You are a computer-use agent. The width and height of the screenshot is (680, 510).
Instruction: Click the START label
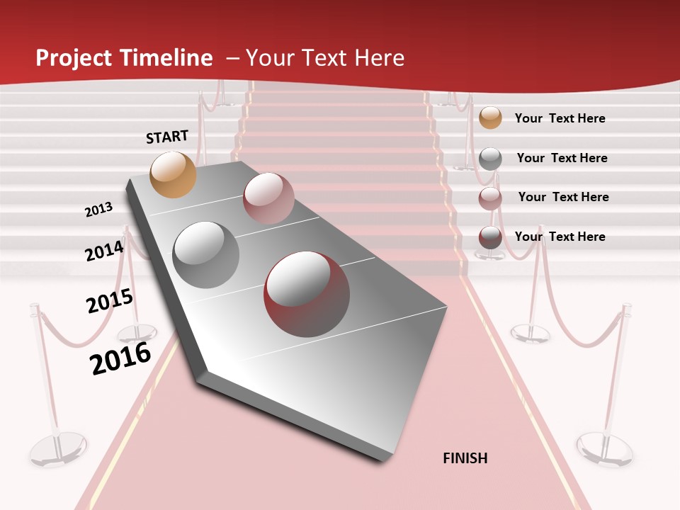[x=167, y=137]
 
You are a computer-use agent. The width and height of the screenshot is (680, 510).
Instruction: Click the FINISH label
[x=465, y=458]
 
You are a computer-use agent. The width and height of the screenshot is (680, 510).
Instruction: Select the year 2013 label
[x=99, y=210]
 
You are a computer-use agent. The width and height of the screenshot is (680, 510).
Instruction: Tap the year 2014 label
[x=104, y=251]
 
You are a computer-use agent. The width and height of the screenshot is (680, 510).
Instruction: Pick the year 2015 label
[x=110, y=302]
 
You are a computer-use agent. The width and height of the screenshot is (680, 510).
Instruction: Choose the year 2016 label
[x=121, y=358]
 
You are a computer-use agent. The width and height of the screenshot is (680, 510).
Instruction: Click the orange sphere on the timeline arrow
[x=174, y=174]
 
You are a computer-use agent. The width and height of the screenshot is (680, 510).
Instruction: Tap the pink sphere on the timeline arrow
[x=268, y=198]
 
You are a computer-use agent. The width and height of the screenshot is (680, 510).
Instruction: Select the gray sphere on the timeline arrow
[x=206, y=254]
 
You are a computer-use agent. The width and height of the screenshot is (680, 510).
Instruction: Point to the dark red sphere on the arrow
[x=307, y=294]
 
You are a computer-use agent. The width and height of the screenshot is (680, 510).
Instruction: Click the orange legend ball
[x=490, y=118]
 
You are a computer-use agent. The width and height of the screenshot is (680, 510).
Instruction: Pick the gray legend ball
[x=490, y=158]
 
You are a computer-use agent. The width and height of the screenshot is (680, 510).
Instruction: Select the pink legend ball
[x=490, y=198]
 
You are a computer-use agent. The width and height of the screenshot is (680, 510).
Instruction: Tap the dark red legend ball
[x=490, y=237]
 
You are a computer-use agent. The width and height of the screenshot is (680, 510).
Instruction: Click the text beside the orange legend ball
[x=560, y=118]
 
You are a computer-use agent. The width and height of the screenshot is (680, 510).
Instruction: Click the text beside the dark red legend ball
[x=560, y=237]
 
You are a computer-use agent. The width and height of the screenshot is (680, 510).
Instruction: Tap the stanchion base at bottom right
[x=604, y=449]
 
